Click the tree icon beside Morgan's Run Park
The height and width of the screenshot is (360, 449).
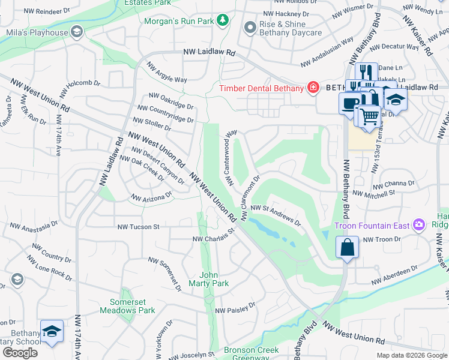[223, 21]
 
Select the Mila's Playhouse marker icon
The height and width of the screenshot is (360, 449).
[76, 32]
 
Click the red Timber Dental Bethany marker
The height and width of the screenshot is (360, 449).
[312, 88]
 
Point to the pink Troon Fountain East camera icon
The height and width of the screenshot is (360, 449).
[419, 226]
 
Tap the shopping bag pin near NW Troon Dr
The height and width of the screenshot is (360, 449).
[348, 247]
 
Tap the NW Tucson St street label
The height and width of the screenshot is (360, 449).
[138, 227]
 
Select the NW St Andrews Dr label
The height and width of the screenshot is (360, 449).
[276, 214]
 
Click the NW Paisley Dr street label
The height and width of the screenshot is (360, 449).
[235, 308]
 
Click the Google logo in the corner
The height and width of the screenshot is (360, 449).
[20, 353]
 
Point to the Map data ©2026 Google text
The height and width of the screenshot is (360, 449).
[412, 355]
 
